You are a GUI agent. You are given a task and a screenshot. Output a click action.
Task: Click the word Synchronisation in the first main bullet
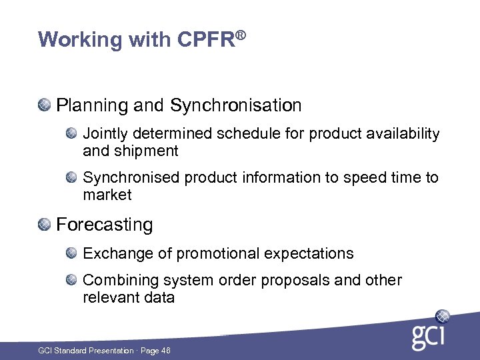point(236,105)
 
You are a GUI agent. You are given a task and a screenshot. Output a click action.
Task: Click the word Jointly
point(102,134)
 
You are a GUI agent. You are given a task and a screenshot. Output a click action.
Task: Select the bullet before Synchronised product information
point(72,177)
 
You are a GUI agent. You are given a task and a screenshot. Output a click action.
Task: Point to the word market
point(107,195)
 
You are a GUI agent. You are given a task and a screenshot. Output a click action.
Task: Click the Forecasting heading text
point(105,225)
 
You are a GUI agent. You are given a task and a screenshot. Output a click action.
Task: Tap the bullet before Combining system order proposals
point(72,280)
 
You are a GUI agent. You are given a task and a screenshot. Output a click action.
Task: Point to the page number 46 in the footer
point(165,351)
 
